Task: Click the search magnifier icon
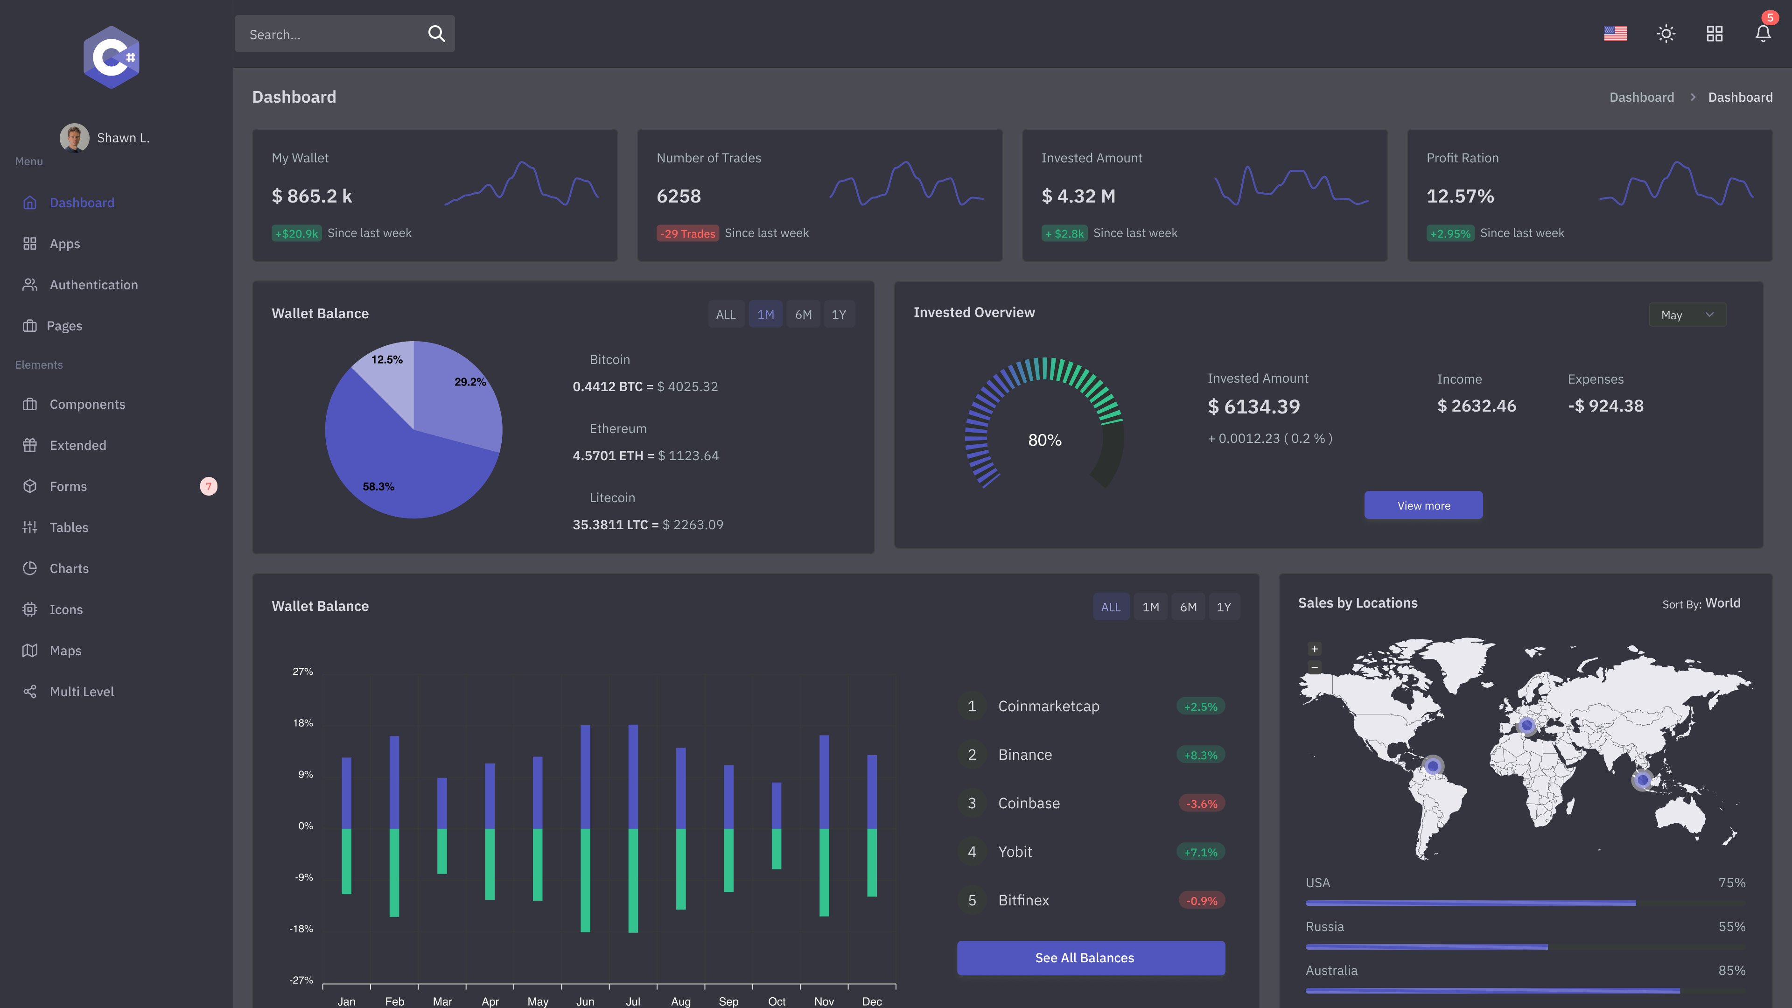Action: point(436,34)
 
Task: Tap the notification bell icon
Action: point(1763,34)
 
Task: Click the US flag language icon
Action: point(1615,34)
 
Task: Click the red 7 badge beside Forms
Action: point(209,486)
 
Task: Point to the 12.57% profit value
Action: point(1460,196)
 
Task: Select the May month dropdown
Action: point(1687,315)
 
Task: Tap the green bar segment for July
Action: point(633,880)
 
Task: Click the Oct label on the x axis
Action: point(777,1001)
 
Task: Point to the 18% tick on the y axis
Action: point(302,723)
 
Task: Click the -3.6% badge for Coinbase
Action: point(1201,804)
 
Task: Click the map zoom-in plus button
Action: point(1314,649)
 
